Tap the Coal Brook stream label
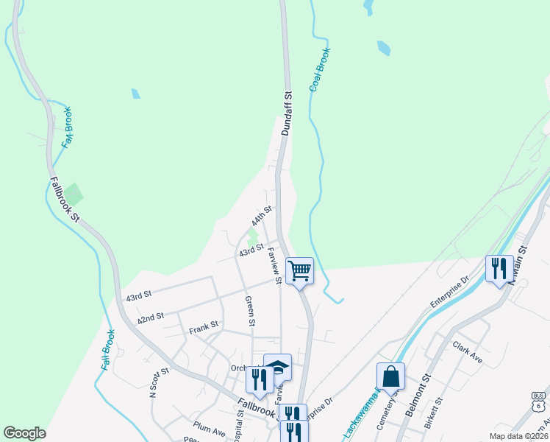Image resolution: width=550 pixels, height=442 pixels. [318, 71]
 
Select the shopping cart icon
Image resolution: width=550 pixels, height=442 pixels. [299, 270]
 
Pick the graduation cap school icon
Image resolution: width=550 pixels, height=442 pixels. [278, 367]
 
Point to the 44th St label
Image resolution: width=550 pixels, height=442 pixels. [261, 217]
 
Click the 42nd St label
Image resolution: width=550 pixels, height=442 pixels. [150, 318]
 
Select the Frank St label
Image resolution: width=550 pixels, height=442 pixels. [204, 325]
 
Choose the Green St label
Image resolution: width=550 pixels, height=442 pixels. [250, 311]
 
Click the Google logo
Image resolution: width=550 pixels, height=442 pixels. [24, 433]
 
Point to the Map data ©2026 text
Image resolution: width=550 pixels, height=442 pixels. [519, 436]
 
